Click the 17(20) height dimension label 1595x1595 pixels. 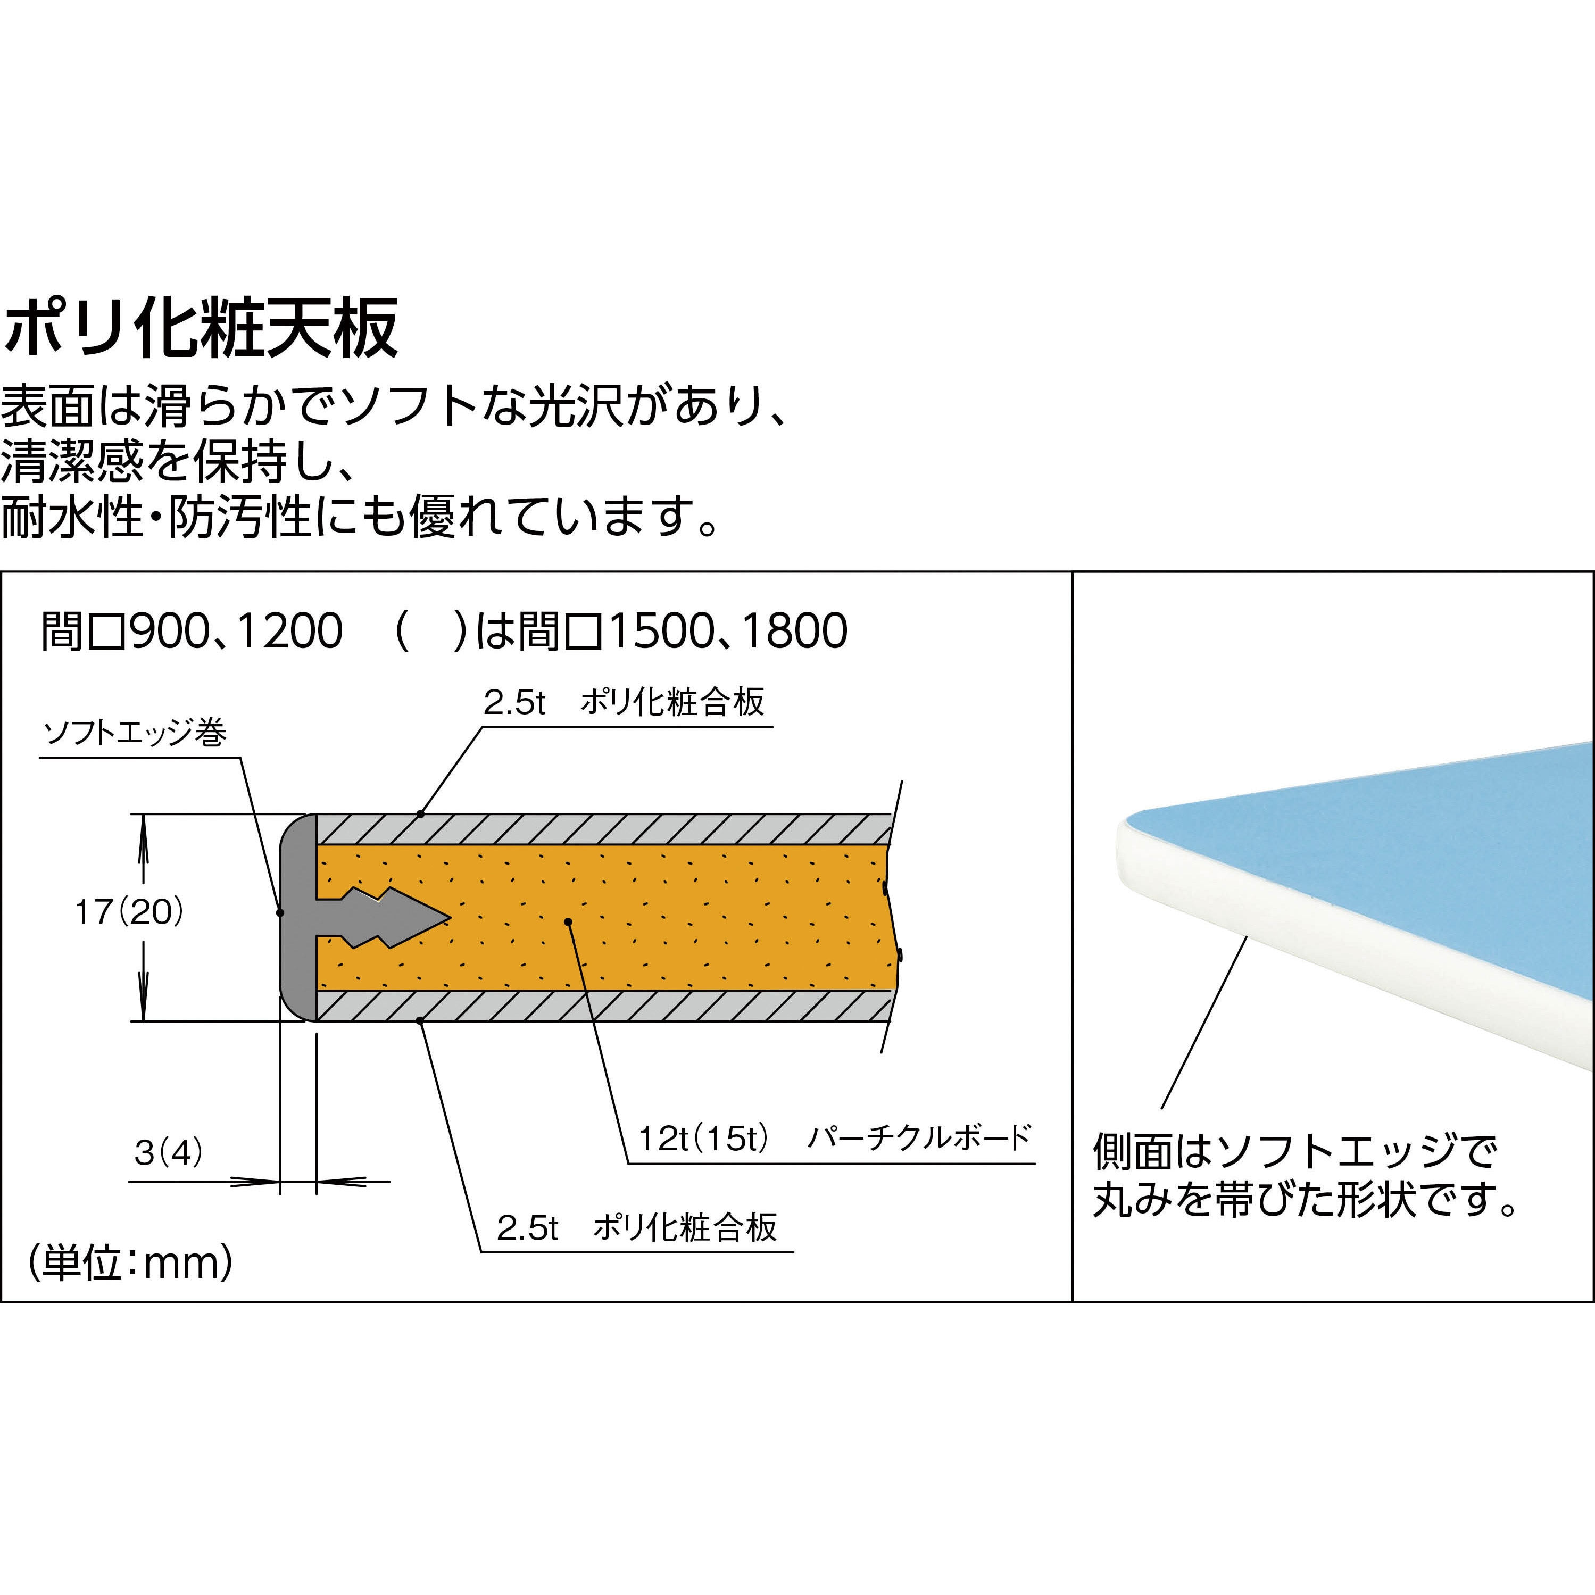coord(129,912)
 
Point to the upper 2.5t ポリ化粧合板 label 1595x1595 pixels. coord(624,702)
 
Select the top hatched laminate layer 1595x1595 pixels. coord(603,829)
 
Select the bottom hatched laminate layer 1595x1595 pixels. coord(603,1006)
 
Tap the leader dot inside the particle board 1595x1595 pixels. coord(568,921)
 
